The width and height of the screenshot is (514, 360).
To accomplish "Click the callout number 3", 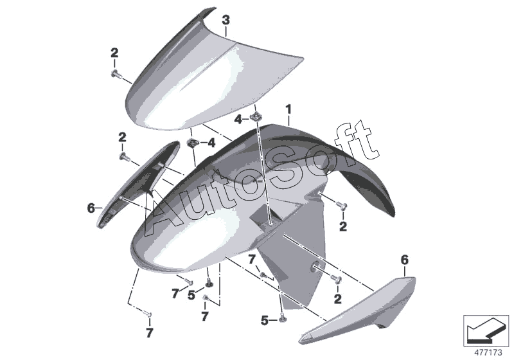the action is point(226,21).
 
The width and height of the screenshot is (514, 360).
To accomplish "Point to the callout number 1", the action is point(288,109).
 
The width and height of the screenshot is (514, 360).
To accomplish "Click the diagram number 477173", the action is point(488,353).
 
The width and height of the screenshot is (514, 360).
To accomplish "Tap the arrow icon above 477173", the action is point(486,331).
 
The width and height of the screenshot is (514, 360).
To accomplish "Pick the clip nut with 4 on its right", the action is point(191,143).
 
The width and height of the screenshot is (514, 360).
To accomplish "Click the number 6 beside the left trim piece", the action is point(91,208).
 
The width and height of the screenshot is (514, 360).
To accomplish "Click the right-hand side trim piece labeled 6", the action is point(358,310).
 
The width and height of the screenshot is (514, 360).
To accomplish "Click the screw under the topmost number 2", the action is point(116,75).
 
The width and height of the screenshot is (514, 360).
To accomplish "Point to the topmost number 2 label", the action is point(114,53).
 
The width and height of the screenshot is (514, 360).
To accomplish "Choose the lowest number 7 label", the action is point(149,333).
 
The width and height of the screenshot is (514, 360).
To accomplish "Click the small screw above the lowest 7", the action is point(148,314).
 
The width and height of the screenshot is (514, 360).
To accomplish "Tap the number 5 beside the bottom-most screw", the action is point(265,320).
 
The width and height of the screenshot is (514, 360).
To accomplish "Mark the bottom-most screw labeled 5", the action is point(282,319).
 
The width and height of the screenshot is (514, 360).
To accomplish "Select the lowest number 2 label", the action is point(337,298).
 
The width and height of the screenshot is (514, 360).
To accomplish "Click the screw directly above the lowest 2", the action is point(337,279).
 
